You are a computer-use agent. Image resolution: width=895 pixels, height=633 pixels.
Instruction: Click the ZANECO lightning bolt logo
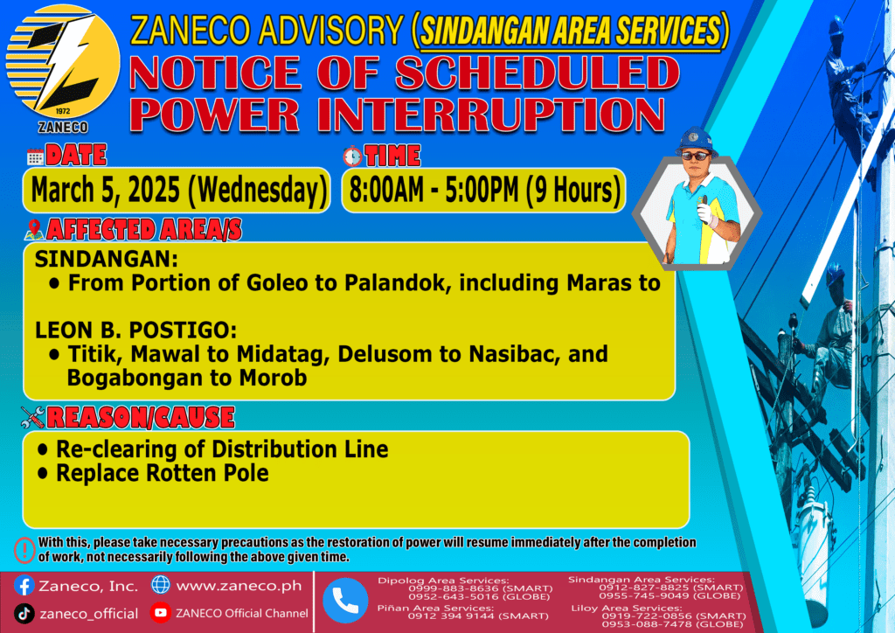63,62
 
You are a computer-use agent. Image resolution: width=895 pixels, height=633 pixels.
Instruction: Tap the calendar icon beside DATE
35,157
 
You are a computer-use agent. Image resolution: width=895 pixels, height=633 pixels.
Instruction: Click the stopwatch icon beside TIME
353,156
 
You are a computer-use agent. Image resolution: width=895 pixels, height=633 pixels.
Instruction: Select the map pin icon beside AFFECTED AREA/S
34,229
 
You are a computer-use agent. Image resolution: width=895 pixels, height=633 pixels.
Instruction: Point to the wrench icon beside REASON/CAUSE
32,417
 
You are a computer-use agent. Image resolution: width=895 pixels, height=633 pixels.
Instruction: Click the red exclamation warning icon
24,550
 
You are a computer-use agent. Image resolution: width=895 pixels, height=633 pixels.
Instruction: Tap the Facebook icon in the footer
24,586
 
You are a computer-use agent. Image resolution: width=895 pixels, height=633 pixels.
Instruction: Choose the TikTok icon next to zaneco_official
24,614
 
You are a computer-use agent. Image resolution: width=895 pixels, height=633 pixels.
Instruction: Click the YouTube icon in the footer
161,612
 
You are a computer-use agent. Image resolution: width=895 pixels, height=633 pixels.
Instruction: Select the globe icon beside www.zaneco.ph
161,585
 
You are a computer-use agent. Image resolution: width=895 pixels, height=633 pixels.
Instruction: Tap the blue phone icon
345,601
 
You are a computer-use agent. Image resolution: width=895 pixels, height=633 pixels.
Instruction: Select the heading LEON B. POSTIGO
135,330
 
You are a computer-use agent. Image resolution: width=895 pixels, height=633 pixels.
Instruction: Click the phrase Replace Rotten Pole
162,473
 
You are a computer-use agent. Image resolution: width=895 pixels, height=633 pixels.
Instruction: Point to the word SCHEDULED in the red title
538,73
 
